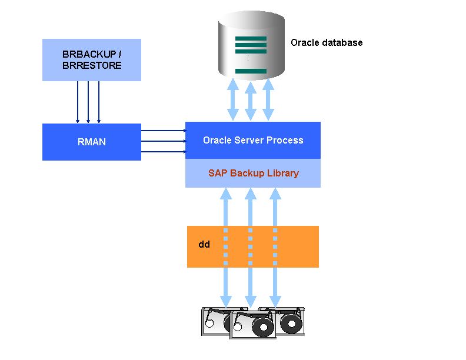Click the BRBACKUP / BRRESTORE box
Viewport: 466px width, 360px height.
point(92,59)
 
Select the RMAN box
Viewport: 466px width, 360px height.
point(92,142)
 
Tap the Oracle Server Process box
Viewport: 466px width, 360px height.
point(253,141)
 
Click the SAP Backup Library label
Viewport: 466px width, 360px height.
point(253,174)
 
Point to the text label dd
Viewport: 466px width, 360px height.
point(204,244)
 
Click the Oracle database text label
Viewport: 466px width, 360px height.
point(327,43)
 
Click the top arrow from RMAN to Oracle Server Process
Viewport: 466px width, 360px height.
point(163,131)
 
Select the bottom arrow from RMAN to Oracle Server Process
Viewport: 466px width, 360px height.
point(163,152)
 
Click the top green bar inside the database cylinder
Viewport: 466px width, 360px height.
point(251,38)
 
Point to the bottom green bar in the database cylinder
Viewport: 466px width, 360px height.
point(251,71)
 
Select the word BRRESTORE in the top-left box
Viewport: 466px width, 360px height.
point(92,65)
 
